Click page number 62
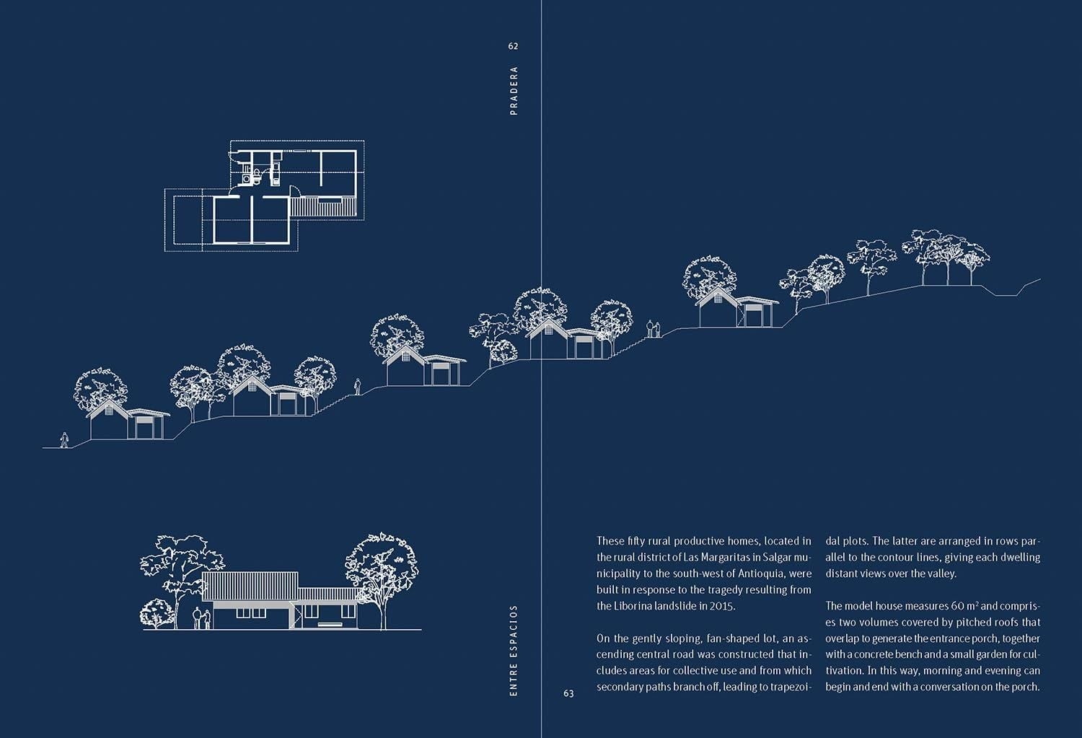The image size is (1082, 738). (513, 46)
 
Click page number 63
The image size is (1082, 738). (568, 694)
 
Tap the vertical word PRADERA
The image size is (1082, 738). (514, 91)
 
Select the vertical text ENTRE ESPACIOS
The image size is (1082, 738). (514, 650)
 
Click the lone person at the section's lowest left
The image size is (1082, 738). (65, 439)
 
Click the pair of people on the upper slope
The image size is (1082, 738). (653, 329)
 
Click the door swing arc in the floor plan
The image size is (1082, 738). (294, 190)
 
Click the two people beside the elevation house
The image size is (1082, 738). (201, 618)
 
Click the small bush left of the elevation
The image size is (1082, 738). (155, 613)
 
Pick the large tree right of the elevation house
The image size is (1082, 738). (381, 570)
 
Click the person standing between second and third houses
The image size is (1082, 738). (356, 387)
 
